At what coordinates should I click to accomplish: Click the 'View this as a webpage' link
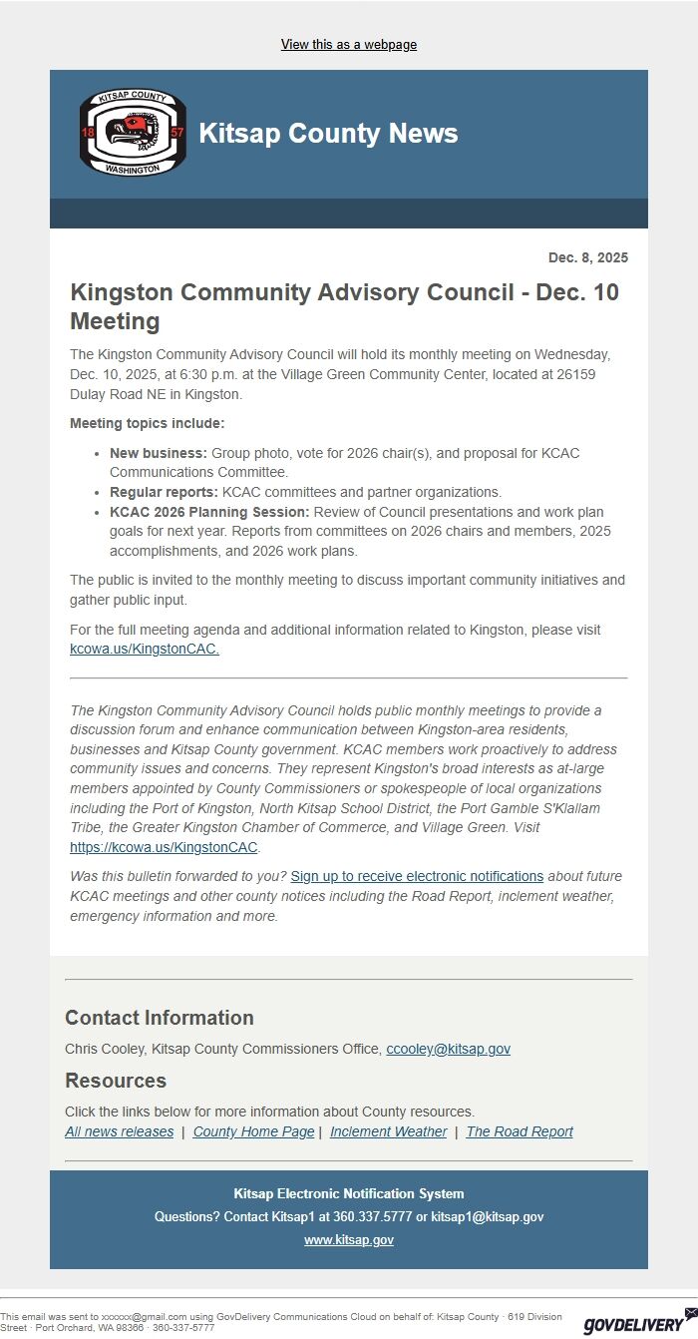tap(349, 45)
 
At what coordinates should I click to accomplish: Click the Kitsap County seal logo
tap(133, 133)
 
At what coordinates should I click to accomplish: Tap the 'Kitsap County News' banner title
tap(328, 134)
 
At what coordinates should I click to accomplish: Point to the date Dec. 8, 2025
tap(587, 257)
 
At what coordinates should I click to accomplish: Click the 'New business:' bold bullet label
tap(159, 453)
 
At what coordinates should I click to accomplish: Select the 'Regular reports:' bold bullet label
tap(164, 492)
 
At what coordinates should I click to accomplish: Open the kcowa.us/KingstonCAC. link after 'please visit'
tap(145, 649)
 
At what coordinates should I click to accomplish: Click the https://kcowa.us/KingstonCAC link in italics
tap(164, 847)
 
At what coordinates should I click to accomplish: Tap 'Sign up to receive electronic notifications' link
tap(417, 876)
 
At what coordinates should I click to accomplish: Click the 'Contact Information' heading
tap(160, 1018)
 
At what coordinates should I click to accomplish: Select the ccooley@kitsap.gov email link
tap(448, 1049)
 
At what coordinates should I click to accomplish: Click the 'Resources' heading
tap(116, 1081)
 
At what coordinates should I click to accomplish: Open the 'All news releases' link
tap(119, 1131)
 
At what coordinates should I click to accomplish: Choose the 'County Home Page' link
tap(253, 1131)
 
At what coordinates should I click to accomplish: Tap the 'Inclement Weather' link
tap(388, 1131)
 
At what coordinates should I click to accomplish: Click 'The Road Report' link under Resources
tap(520, 1131)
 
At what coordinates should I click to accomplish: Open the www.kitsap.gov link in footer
tap(349, 1239)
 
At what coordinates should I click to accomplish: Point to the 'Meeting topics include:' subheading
tap(148, 423)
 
